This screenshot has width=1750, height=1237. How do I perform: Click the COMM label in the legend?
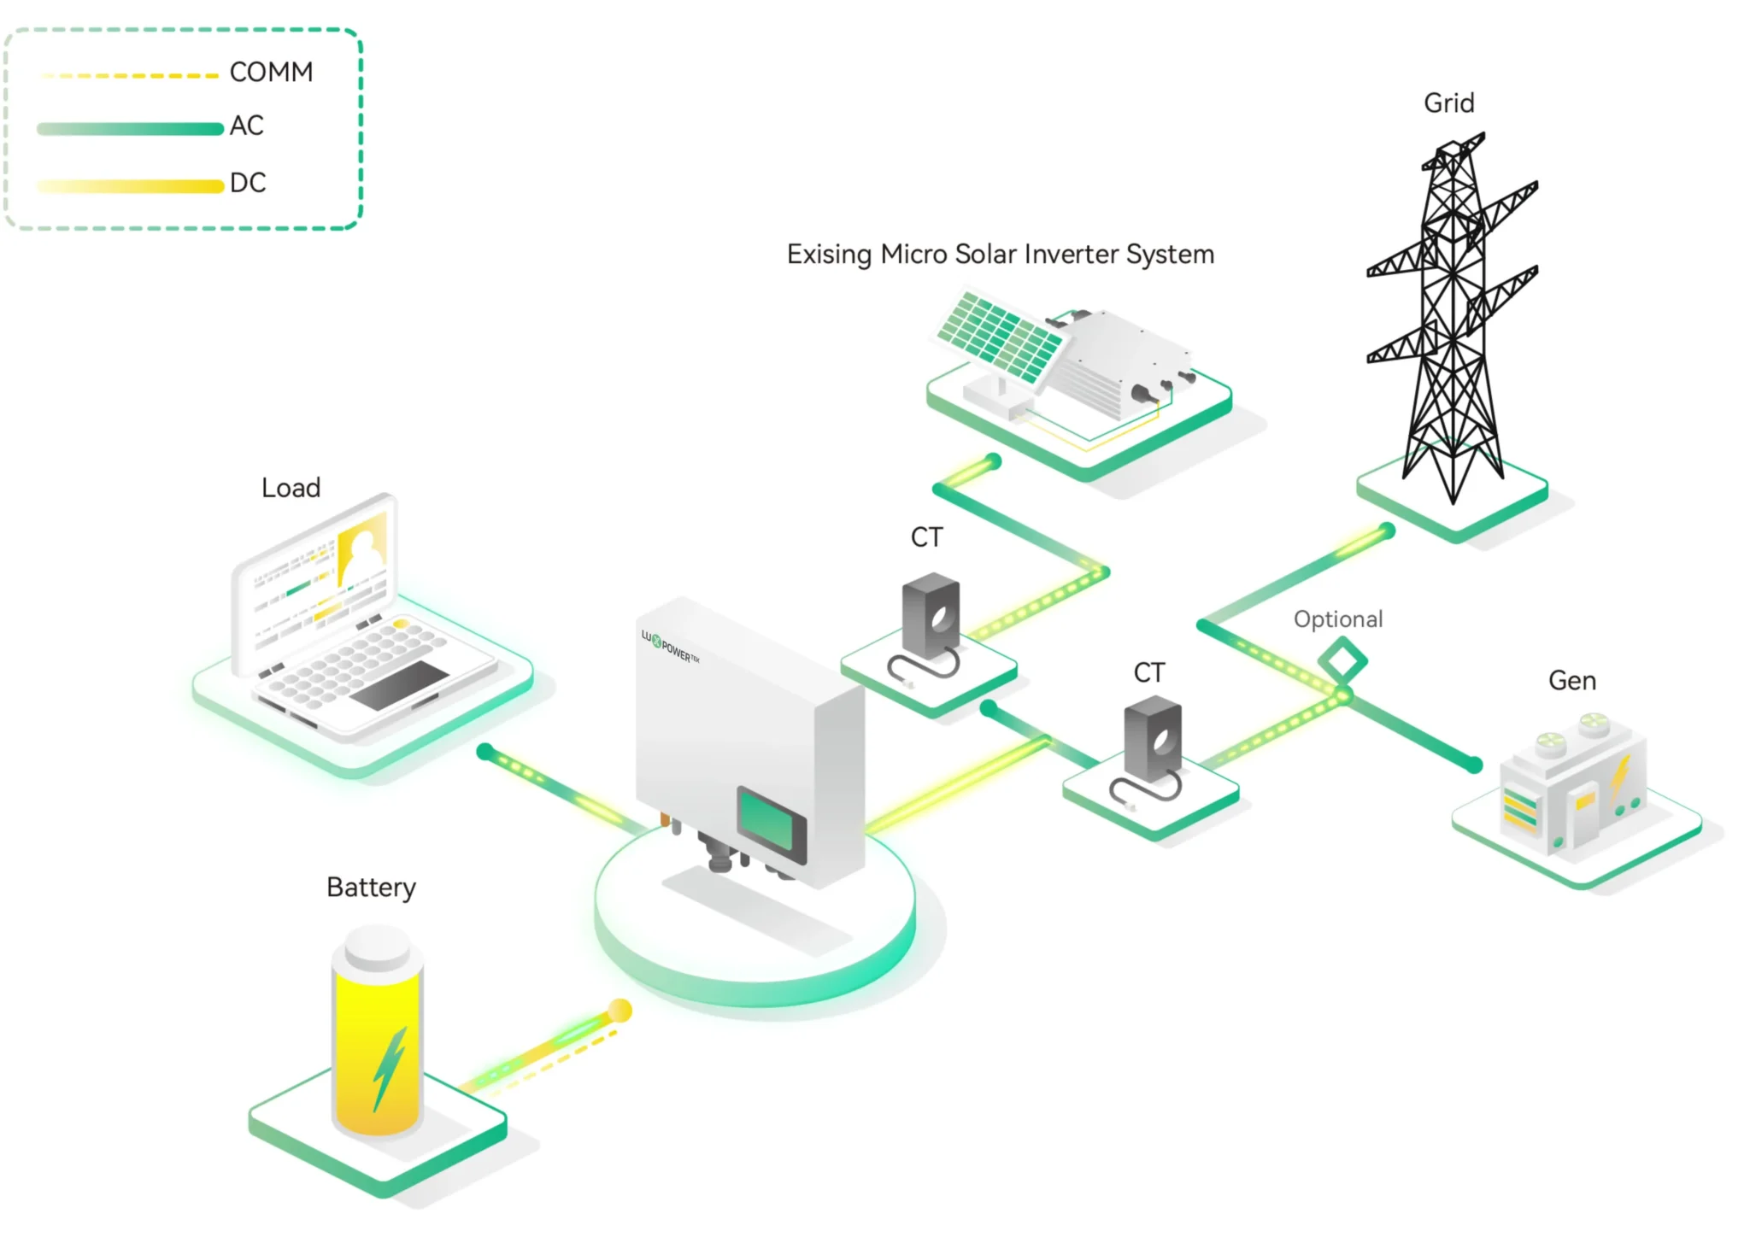[x=271, y=72]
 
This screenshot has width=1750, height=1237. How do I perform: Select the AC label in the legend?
[x=246, y=126]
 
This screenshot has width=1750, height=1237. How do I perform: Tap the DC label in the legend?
[x=248, y=183]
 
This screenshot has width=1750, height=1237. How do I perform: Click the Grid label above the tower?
[x=1448, y=103]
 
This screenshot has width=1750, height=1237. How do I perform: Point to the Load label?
[x=291, y=488]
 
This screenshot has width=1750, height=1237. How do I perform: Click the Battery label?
[x=371, y=888]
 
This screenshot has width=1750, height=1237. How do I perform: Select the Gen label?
[x=1571, y=681]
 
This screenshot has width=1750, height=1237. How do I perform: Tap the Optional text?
[x=1337, y=619]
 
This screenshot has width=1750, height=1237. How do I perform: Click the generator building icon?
[x=1572, y=786]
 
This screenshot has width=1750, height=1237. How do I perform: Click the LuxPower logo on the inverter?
[x=670, y=646]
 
